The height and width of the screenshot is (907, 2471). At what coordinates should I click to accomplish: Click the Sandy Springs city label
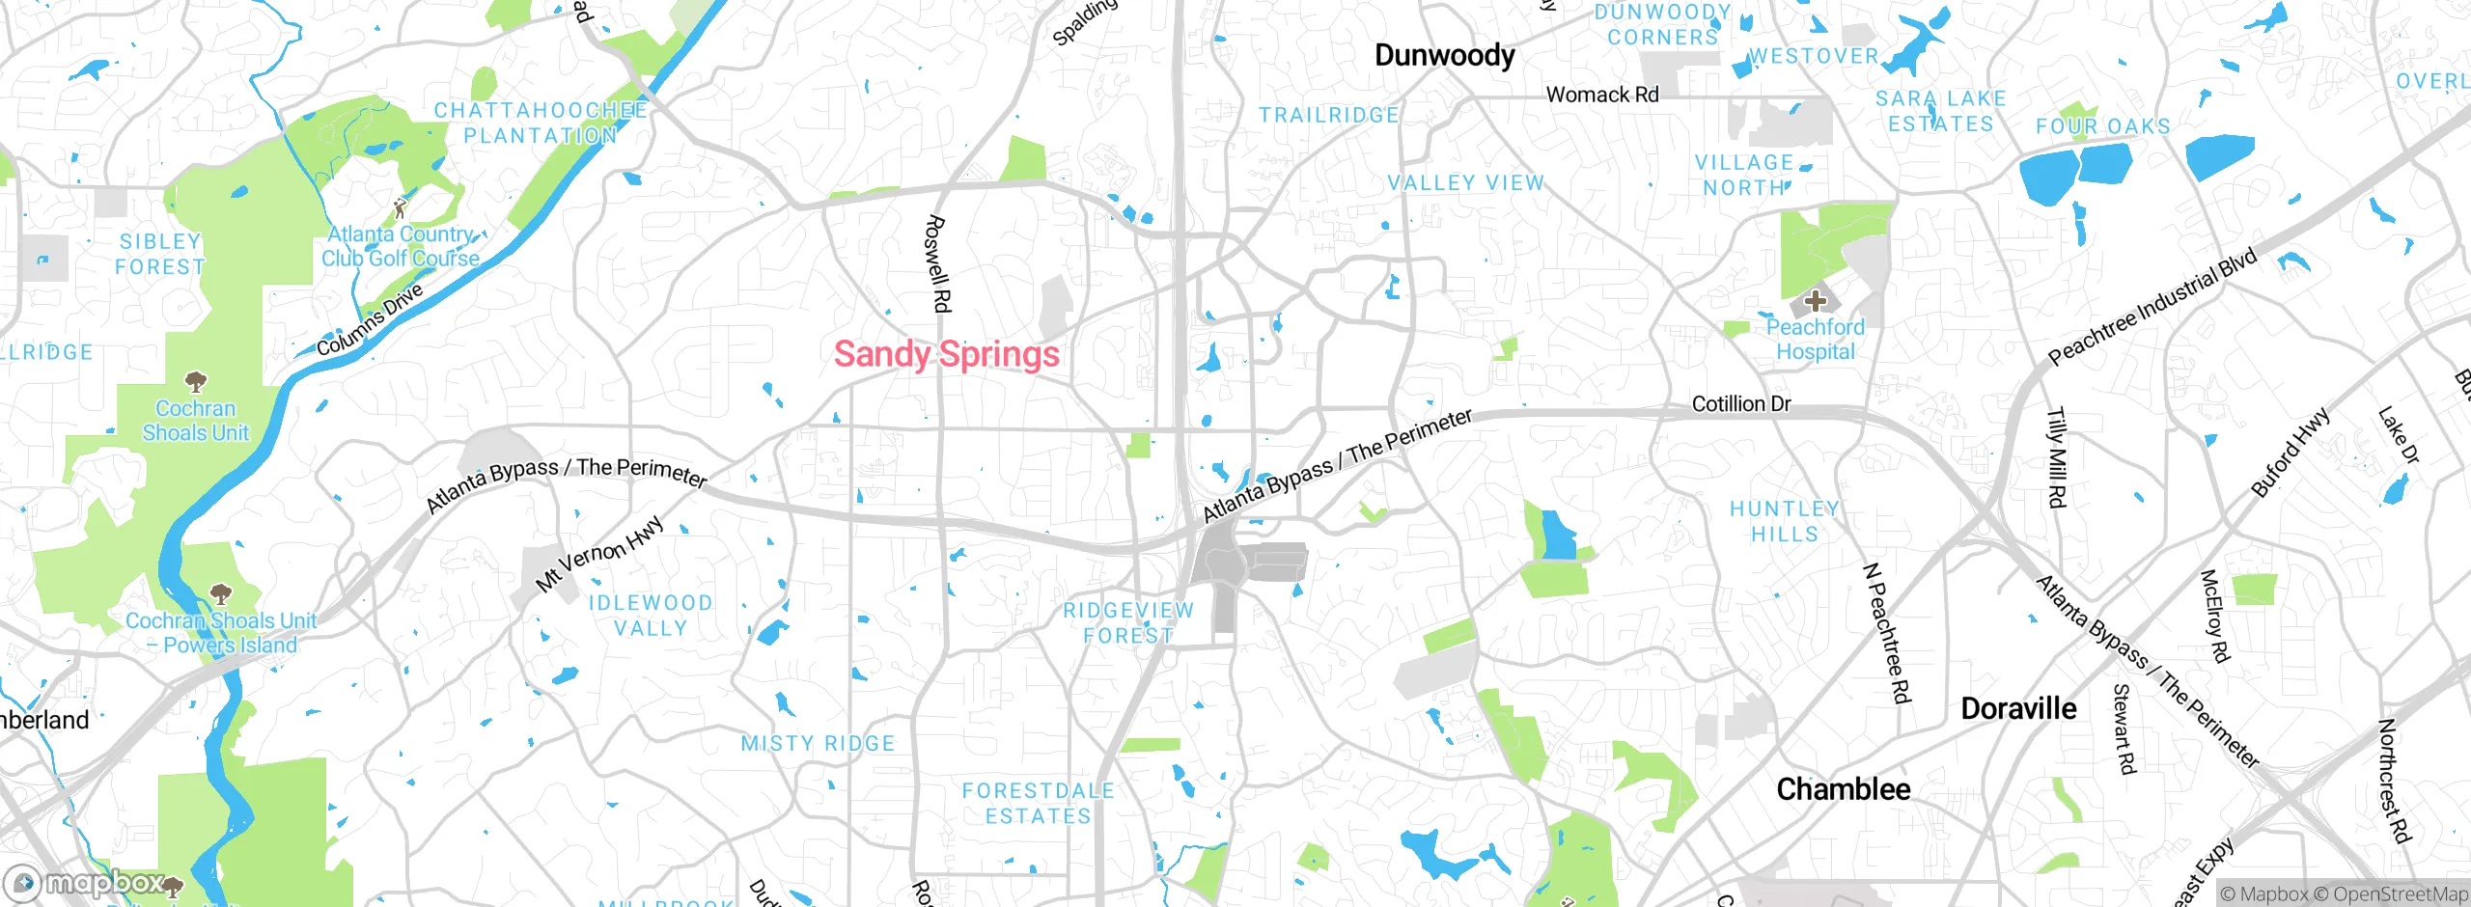946,354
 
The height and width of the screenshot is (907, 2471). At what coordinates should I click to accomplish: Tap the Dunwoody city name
1444,56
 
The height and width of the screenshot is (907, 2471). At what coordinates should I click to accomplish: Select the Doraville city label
2018,709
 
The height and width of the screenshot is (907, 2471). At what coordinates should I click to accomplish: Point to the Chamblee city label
1843,789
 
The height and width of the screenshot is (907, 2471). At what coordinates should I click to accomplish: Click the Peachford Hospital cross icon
1815,301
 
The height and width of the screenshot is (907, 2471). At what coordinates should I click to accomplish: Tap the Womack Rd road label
1601,95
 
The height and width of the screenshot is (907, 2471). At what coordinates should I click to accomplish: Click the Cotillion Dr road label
1740,404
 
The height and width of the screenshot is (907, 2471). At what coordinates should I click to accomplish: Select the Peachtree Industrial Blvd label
2152,306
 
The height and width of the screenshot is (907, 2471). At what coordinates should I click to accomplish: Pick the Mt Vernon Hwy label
599,553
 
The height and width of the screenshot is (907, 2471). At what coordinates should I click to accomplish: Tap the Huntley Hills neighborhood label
1784,521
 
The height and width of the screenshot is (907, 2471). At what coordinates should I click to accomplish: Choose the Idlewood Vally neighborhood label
651,616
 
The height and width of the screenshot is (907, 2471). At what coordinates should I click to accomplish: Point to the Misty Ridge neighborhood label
818,744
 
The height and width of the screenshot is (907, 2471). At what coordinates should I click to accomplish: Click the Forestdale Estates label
1038,803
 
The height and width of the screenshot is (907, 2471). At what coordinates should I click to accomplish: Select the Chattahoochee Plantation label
541,123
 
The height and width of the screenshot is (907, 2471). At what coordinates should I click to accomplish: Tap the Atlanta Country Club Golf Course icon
400,206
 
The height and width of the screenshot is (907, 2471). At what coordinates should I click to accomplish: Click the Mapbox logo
87,883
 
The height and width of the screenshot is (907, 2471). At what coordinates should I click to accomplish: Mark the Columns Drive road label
370,320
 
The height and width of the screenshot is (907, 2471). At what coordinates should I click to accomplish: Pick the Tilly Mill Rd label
2057,457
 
